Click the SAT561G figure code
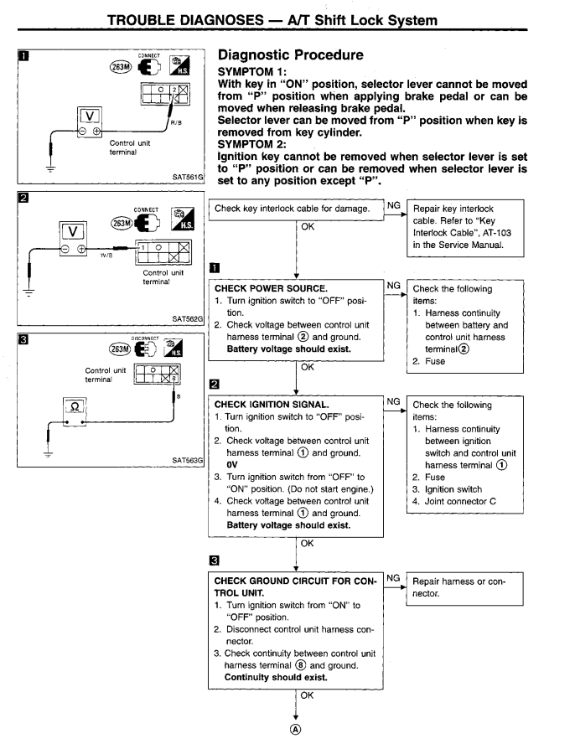(188, 178)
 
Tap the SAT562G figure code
(188, 318)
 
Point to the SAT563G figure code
(188, 460)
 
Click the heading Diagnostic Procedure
(291, 55)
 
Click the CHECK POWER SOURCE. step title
(271, 288)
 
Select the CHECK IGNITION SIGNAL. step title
(272, 405)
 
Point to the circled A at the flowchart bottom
(296, 730)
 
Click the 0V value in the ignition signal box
(232, 465)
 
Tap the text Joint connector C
(460, 501)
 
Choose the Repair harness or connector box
(464, 589)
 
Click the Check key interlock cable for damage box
(297, 210)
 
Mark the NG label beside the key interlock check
(394, 205)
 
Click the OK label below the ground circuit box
(307, 695)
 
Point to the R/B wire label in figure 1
(176, 123)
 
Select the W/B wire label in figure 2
(106, 255)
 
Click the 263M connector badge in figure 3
(120, 349)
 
